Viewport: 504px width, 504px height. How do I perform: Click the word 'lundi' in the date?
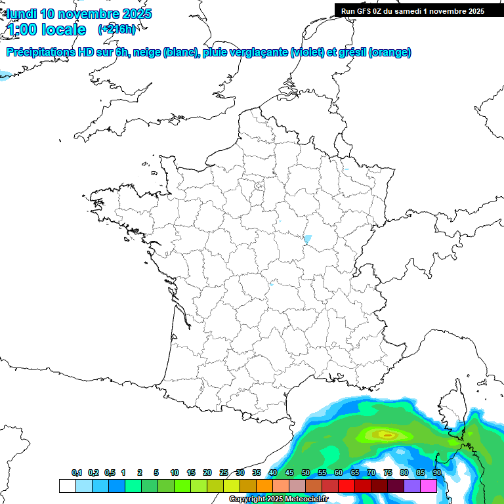[x=21, y=14]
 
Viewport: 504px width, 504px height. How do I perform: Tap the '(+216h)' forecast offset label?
[x=117, y=30]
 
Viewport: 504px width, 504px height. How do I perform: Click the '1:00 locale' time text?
[x=47, y=30]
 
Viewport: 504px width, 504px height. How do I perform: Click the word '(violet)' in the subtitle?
[x=308, y=52]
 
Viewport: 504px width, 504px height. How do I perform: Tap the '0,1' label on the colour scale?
[x=77, y=473]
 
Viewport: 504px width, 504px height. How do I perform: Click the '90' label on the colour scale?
[x=437, y=473]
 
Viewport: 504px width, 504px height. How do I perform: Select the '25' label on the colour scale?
[x=224, y=473]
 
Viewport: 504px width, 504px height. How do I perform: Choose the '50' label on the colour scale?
[x=306, y=473]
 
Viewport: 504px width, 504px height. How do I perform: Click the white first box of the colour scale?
[x=67, y=486]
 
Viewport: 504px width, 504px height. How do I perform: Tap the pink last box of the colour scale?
[x=429, y=486]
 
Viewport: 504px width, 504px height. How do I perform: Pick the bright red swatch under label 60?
[x=346, y=486]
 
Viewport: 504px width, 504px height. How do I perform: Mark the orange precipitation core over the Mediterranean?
[x=387, y=434]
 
